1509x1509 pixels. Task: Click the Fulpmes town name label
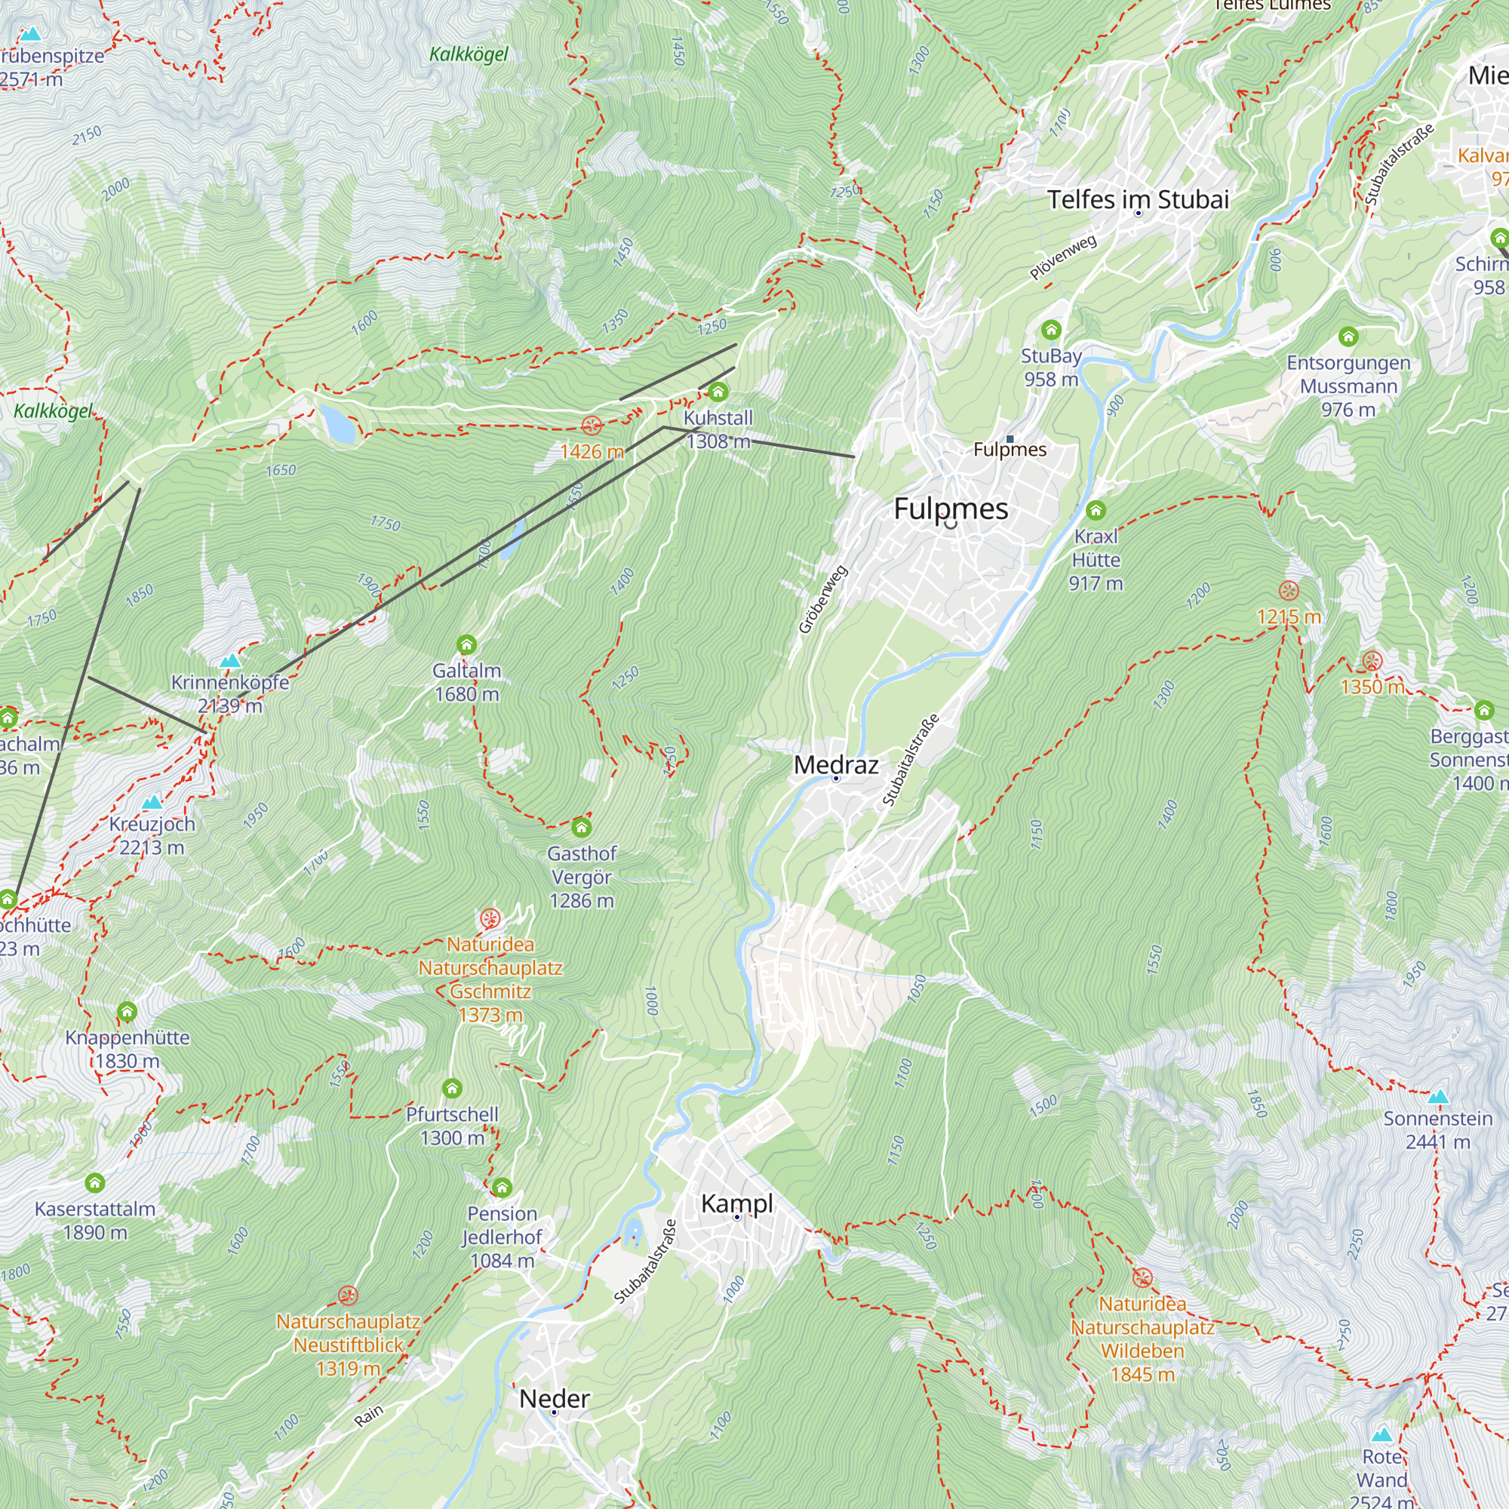[x=951, y=509]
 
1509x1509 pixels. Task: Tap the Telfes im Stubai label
[x=1137, y=199]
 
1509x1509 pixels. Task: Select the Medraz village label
[x=836, y=764]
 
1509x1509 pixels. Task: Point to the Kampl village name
[x=736, y=1203]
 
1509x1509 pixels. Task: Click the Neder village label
[x=555, y=1398]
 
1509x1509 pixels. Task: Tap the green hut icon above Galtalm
[x=466, y=644]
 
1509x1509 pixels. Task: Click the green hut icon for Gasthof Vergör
[x=581, y=827]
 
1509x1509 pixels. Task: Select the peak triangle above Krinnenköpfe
[x=229, y=661]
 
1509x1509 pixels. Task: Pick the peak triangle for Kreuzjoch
[x=152, y=802]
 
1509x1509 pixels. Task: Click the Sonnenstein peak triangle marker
[x=1438, y=1096]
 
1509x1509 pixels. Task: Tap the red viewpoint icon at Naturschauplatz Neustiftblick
[x=348, y=1295]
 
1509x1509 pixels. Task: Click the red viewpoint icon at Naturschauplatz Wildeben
[x=1142, y=1278]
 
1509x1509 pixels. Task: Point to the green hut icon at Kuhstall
[x=718, y=392]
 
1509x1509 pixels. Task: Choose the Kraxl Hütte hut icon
[x=1096, y=511]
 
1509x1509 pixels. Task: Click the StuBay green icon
[x=1051, y=329]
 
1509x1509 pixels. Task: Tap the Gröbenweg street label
[x=822, y=600]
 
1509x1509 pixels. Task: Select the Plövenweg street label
[x=1062, y=257]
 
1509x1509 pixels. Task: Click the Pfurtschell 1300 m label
[x=451, y=1126]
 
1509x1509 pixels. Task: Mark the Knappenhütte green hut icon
[x=128, y=1013]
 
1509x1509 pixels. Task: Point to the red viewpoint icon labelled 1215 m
[x=1289, y=591]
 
